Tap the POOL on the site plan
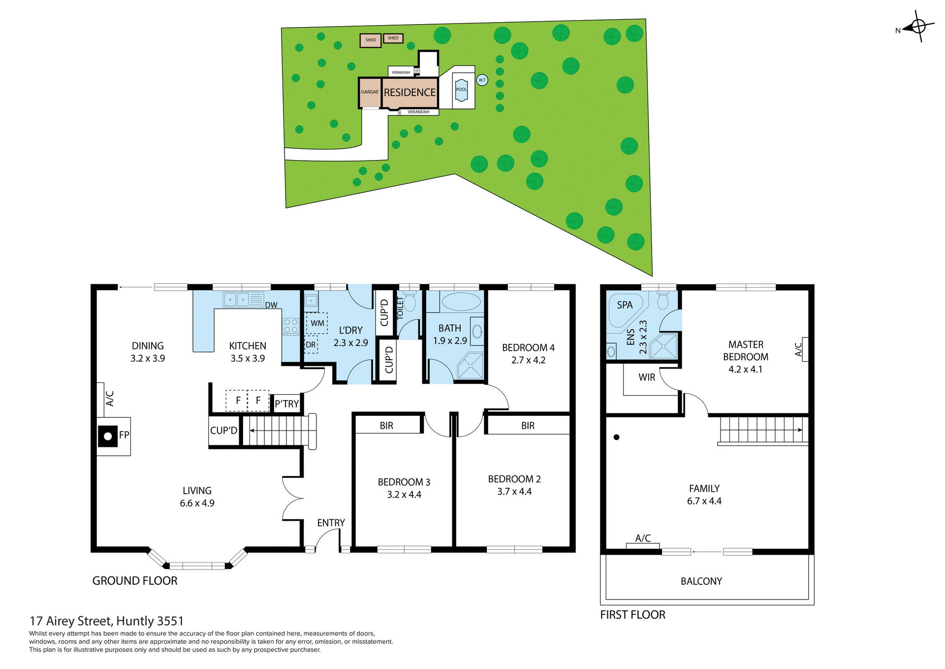[461, 90]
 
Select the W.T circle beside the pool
[482, 80]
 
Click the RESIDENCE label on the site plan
[409, 93]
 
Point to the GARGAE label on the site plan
[370, 92]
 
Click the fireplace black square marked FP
[107, 436]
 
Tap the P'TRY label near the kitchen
[286, 404]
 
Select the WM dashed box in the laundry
[317, 323]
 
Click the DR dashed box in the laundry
[311, 345]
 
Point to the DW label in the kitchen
[271, 305]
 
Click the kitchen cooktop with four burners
[290, 326]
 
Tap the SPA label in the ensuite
[625, 305]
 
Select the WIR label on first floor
[647, 377]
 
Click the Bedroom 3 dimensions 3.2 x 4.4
[404, 495]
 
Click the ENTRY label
[331, 523]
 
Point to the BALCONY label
[701, 581]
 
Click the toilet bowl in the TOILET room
[409, 301]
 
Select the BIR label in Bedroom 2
[528, 426]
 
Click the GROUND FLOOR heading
[135, 581]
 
